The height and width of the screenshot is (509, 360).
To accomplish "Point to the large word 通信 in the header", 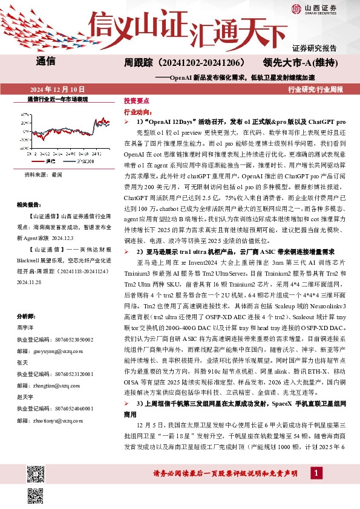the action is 46,61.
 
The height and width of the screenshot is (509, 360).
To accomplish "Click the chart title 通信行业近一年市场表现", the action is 57,99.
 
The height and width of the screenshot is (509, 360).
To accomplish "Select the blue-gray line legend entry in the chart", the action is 84,161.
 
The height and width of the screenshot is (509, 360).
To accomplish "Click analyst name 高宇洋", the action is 26,326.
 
